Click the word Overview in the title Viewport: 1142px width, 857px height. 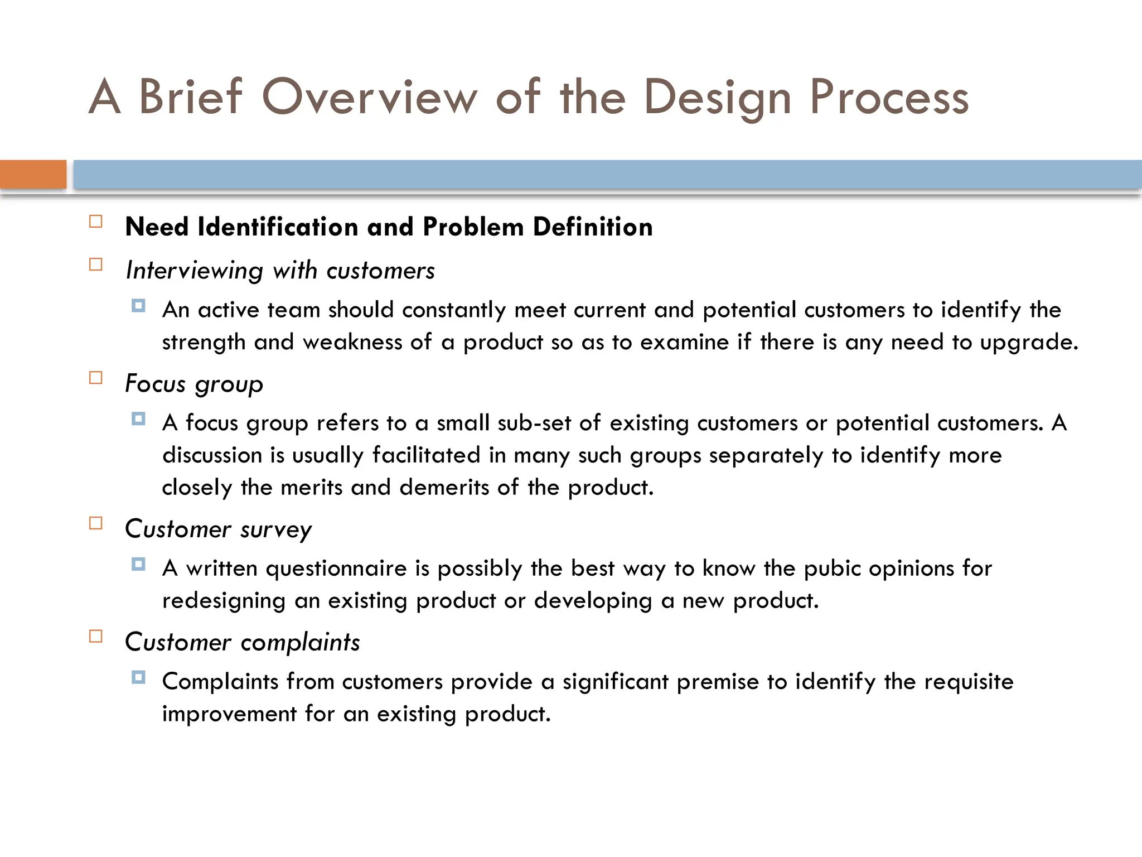click(x=370, y=97)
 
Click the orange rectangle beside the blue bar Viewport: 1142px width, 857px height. click(x=33, y=174)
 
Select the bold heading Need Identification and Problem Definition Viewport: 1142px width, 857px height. click(x=389, y=227)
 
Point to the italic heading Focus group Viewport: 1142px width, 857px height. click(x=194, y=384)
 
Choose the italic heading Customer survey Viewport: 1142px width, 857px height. click(x=218, y=529)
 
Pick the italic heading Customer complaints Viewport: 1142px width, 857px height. click(x=243, y=643)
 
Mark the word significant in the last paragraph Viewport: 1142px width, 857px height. click(x=615, y=682)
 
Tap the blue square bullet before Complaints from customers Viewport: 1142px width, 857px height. click(x=139, y=678)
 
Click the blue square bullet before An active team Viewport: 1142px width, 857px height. click(x=139, y=306)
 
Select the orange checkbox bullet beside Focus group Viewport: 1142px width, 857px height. click(x=96, y=378)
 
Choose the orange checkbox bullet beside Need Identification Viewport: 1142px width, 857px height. click(x=96, y=222)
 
